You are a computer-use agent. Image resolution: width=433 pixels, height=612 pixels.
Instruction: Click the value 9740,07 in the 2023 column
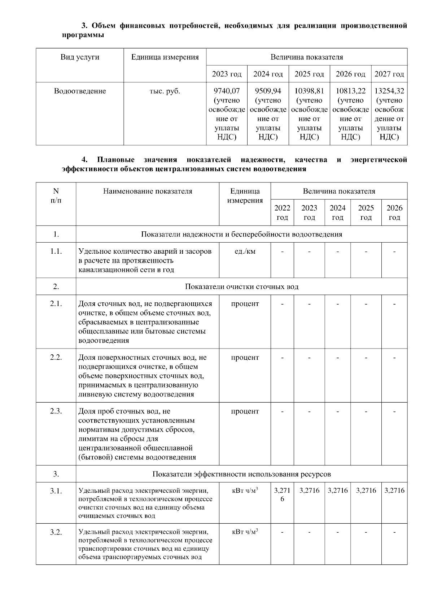(227, 91)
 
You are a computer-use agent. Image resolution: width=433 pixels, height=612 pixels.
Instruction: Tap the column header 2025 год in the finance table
(309, 74)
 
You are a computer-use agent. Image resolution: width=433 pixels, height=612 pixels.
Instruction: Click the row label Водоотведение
(80, 91)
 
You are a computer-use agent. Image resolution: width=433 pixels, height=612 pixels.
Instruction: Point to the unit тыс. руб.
(165, 91)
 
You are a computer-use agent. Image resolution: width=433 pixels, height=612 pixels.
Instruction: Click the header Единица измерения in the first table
(165, 57)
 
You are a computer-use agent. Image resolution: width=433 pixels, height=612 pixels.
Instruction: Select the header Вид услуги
(80, 57)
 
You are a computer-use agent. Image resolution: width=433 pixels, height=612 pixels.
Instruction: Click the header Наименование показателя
(148, 191)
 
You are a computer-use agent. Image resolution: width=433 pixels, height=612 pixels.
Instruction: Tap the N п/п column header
(56, 196)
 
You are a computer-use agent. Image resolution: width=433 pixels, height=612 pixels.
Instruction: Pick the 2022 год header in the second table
(282, 213)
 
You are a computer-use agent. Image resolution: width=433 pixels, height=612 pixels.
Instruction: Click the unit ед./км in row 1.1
(245, 251)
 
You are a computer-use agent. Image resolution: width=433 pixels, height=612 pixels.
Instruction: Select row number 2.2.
(56, 358)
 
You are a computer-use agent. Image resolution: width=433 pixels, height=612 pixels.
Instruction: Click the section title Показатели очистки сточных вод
(241, 287)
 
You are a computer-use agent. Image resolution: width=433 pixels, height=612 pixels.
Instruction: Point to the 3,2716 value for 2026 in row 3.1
(394, 491)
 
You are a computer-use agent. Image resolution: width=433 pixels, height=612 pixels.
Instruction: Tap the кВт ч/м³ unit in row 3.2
(245, 532)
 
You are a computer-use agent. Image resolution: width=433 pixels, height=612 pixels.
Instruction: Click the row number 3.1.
(56, 491)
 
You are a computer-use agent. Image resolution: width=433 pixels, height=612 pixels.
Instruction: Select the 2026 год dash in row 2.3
(394, 411)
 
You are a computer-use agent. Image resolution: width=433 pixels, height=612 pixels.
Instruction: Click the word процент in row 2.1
(245, 304)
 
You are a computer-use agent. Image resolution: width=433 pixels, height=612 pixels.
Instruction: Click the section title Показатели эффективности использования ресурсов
(241, 474)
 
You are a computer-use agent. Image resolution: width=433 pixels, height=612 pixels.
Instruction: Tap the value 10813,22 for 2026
(350, 91)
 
